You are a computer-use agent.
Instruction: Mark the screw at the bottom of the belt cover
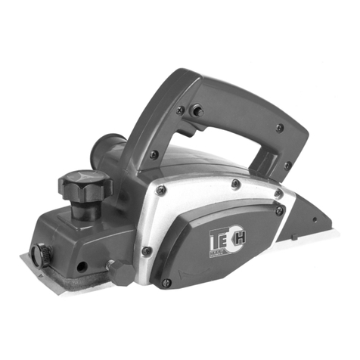tap(167, 283)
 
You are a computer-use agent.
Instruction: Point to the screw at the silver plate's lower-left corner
tap(146, 251)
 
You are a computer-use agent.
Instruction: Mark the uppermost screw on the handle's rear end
tap(280, 128)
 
